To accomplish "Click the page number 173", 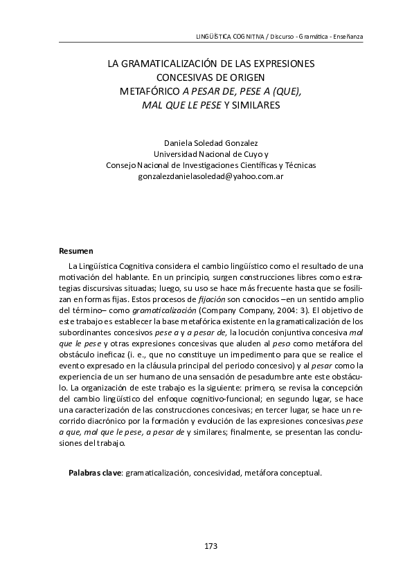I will (211, 547).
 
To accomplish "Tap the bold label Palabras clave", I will (94, 473).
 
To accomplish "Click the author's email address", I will (211, 176).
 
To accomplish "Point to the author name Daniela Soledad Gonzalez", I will (211, 143).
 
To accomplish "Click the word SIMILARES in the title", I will (262, 105).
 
